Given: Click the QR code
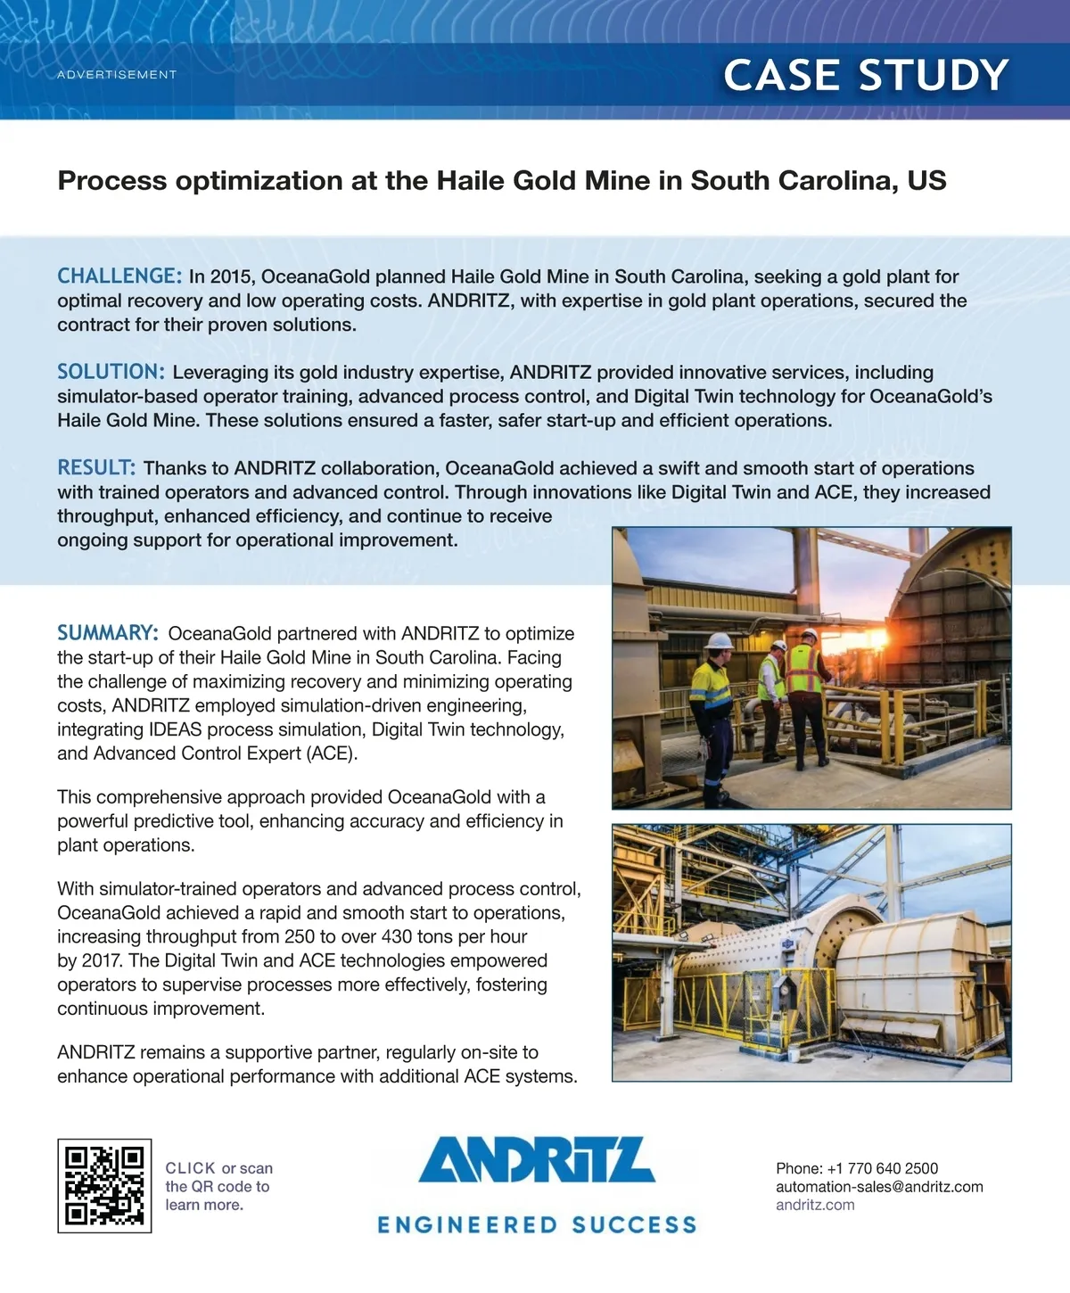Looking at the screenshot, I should click(x=104, y=1185).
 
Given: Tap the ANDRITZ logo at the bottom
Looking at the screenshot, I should click(x=537, y=1161).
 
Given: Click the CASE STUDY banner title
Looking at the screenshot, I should click(x=865, y=75).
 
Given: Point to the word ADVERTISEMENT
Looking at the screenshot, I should click(x=117, y=75).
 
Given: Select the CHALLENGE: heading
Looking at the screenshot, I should click(x=119, y=276).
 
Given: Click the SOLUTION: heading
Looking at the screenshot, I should click(x=111, y=372).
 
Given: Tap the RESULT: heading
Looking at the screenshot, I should click(x=96, y=468).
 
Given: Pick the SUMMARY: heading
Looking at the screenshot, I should click(x=108, y=633).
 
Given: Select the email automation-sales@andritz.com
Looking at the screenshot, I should click(x=879, y=1187).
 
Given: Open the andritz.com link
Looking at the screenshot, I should click(x=815, y=1205).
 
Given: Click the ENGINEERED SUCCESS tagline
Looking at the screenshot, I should click(x=537, y=1225).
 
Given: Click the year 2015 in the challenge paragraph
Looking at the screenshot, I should click(x=232, y=277).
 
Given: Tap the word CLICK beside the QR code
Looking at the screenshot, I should click(x=190, y=1168).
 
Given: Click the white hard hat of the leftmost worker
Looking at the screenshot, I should click(x=719, y=640).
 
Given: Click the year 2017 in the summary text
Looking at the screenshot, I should click(x=103, y=961).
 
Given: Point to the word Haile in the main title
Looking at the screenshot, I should click(x=471, y=181).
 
